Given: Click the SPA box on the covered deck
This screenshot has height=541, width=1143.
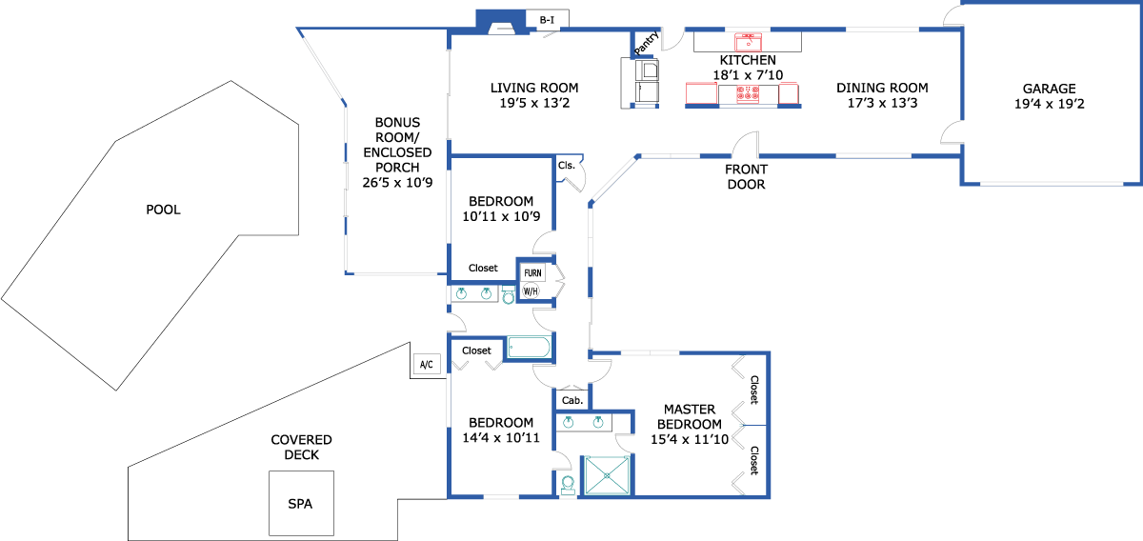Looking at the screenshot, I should coord(300,503).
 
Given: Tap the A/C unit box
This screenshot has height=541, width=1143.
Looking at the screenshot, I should coord(426,364).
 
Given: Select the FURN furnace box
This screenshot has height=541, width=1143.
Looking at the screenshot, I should coord(532,273).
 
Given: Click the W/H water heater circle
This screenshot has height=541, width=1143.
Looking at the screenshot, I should coord(531,291).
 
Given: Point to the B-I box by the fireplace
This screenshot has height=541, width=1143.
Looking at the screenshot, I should coord(547,19).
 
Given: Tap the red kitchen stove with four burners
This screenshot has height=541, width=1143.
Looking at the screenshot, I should coord(746,94).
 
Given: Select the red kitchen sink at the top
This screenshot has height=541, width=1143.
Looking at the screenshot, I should coord(748,41).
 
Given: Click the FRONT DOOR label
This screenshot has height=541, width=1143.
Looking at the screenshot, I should coord(746,178).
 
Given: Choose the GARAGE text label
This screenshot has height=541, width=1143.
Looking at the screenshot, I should coord(1050,89).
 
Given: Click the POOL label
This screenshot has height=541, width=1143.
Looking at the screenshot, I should coord(163,210).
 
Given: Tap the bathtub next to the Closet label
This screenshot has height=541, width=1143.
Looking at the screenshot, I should coord(529,348).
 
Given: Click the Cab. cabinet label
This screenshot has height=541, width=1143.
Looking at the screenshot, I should coord(572,400).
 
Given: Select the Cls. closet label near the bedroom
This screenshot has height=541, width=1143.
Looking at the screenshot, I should coord(567,165).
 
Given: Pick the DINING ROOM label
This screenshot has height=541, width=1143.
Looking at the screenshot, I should coord(882,89).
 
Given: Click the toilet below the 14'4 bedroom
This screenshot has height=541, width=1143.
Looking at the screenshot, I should coord(568,486).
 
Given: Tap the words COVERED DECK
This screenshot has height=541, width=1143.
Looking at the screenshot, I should coord(301,448).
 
